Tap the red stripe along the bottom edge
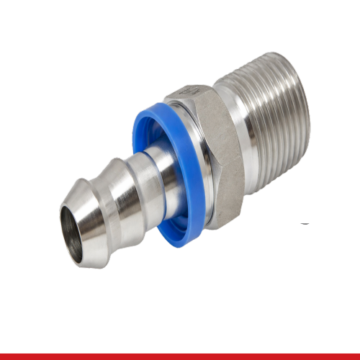[180, 356]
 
